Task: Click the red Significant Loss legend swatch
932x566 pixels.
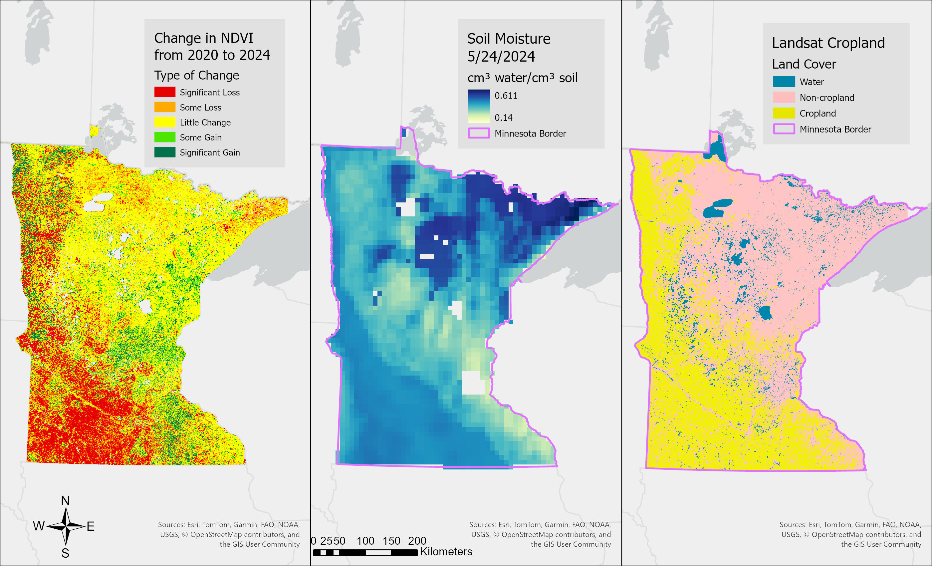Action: (164, 92)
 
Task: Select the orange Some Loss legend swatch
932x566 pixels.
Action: (164, 107)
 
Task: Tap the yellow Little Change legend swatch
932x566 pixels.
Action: (164, 122)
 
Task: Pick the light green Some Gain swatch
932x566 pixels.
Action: (164, 137)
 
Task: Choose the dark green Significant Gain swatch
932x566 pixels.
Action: (164, 152)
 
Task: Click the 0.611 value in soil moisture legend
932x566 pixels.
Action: (506, 96)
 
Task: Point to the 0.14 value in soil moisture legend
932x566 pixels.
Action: (503, 118)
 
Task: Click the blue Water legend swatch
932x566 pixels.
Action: (784, 82)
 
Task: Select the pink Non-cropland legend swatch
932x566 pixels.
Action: (784, 97)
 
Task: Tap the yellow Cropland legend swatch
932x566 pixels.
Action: (784, 113)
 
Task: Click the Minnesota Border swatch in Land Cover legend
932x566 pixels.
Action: (784, 129)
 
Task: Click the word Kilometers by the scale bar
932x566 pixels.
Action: (446, 552)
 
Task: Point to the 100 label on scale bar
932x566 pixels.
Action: (365, 541)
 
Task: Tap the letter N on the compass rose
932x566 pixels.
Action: (65, 500)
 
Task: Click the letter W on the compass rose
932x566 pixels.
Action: (39, 526)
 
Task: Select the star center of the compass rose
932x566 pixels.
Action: (66, 526)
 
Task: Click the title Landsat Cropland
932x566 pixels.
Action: (828, 43)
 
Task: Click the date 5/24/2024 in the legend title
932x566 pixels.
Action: (501, 57)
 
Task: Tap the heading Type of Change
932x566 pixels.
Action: (196, 75)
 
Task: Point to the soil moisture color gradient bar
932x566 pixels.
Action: (479, 106)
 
